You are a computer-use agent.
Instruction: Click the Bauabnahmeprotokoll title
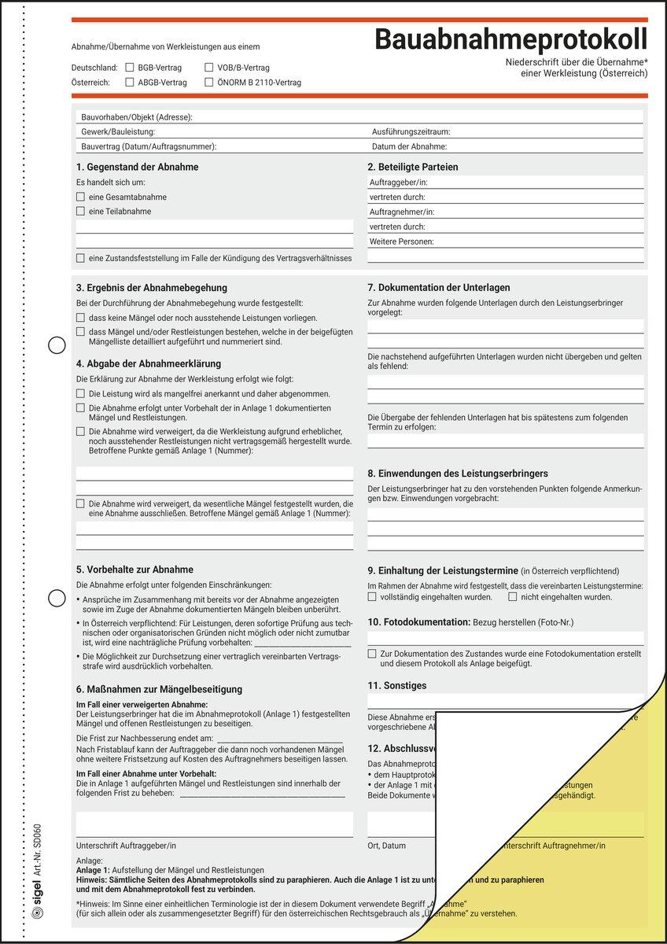510,39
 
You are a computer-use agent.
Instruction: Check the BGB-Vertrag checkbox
130,68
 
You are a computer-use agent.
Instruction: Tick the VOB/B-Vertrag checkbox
209,68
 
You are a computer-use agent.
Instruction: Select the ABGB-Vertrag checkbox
130,82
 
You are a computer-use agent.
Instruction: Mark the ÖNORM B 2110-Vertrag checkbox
209,82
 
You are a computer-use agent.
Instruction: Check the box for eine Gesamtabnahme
80,197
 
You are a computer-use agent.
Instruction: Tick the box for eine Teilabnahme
80,211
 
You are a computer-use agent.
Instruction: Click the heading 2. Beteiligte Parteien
412,167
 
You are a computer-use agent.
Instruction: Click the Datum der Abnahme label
409,146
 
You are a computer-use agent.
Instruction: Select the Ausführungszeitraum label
411,132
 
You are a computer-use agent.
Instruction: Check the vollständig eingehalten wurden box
372,597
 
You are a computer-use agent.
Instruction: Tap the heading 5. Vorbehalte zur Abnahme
135,570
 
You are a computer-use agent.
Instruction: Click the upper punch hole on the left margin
57,345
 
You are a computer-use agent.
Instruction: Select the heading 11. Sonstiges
397,686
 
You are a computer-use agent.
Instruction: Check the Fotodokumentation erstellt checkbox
372,653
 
